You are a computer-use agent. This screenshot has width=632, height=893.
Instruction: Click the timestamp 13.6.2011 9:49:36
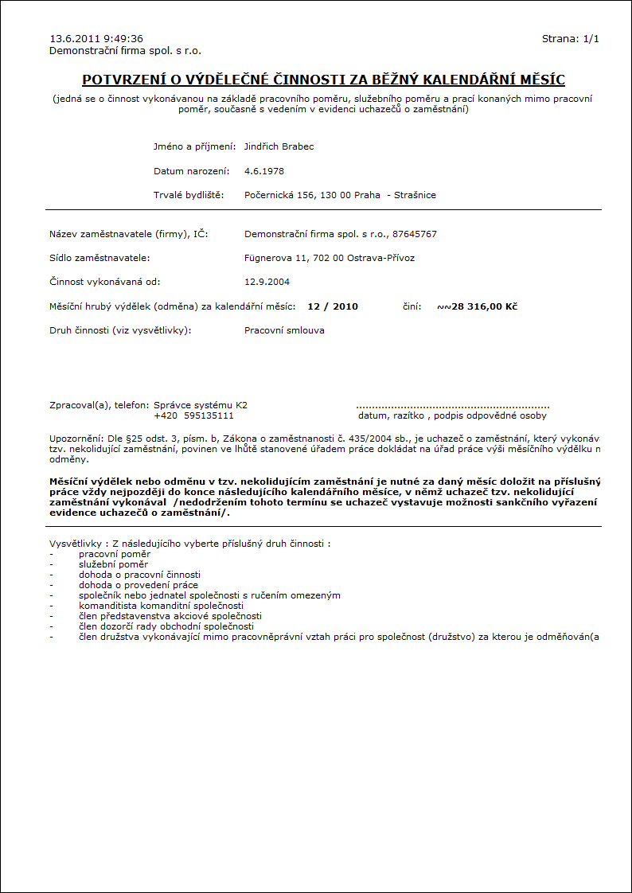click(96, 38)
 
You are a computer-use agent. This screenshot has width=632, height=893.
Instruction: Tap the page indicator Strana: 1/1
click(570, 38)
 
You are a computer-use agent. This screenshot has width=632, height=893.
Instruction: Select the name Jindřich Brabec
click(279, 146)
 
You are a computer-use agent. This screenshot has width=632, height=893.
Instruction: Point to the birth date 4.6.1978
click(264, 171)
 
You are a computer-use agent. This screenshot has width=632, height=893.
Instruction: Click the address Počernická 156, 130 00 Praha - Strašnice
click(340, 195)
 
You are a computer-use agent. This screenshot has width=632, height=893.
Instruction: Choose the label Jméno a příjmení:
click(194, 146)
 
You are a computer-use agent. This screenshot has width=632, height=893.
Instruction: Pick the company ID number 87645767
click(414, 234)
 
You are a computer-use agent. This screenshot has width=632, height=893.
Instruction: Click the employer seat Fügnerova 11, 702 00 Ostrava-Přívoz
click(330, 258)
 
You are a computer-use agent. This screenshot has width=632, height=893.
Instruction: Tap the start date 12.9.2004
click(267, 282)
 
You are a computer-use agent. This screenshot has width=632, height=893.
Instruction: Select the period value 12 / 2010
click(332, 306)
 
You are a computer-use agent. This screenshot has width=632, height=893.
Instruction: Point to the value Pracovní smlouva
click(284, 330)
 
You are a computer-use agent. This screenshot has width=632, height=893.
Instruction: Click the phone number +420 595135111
click(193, 415)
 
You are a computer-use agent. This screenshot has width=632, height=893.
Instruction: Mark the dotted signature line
click(452, 407)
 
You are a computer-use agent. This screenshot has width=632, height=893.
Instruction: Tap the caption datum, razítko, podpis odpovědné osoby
click(452, 415)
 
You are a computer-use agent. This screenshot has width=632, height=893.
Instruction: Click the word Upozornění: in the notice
click(76, 439)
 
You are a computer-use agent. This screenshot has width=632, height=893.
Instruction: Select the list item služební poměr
click(114, 563)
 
